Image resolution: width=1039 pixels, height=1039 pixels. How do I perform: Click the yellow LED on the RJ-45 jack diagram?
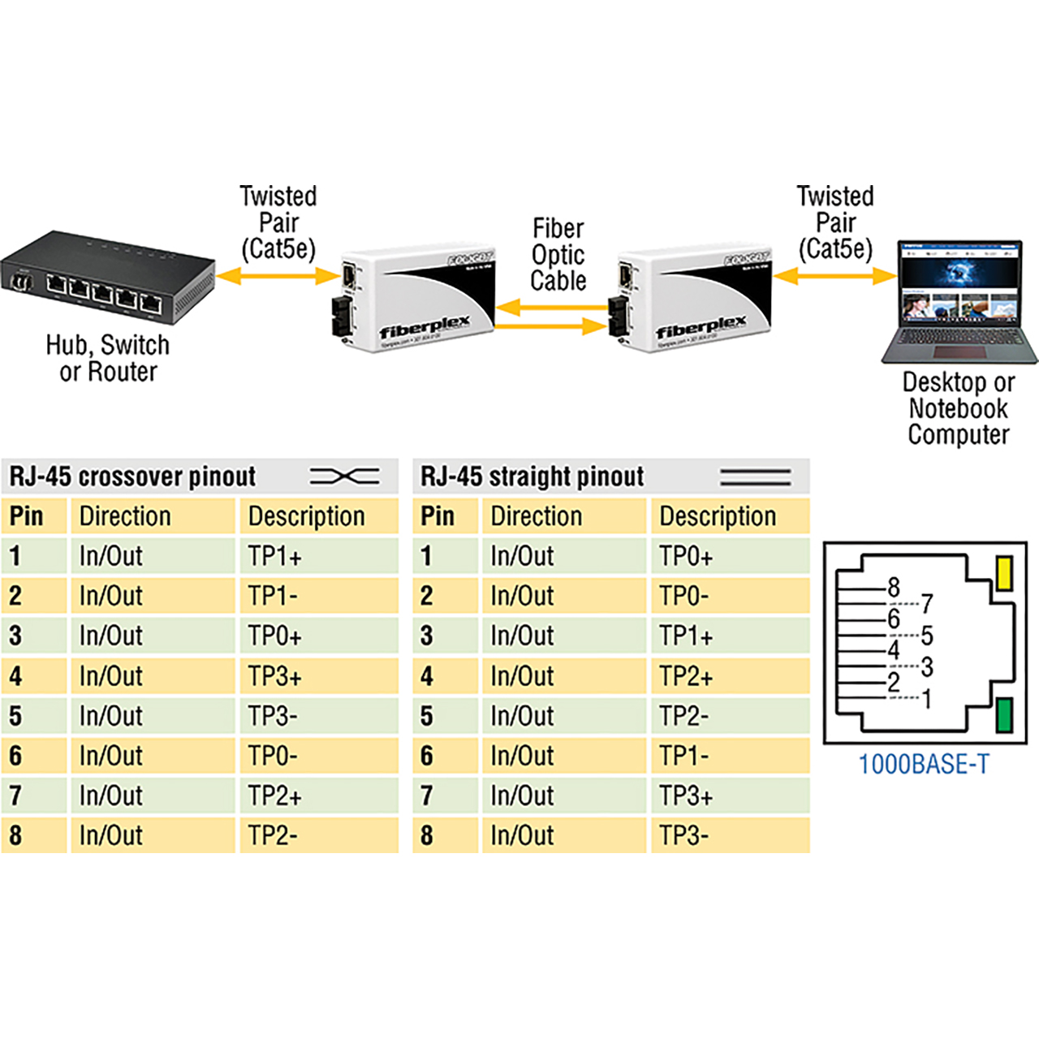tap(1004, 572)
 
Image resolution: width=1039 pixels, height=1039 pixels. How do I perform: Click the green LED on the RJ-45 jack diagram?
tap(1004, 715)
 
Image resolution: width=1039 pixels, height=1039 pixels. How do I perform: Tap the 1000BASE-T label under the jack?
tap(924, 765)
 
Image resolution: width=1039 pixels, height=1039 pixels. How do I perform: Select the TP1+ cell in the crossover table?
tap(274, 557)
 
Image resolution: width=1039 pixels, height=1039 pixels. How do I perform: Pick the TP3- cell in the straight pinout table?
tap(683, 835)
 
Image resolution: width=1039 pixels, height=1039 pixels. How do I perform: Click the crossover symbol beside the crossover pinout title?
tap(344, 476)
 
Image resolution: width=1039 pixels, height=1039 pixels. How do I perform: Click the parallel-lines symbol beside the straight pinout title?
tap(755, 476)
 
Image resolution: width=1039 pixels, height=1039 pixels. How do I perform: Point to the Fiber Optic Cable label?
tap(558, 254)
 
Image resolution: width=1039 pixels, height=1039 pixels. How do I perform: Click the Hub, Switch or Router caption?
tap(108, 358)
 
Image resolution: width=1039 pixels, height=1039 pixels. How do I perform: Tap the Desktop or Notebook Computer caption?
tap(958, 407)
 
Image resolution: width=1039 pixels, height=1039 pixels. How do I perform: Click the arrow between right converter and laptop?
tap(834, 277)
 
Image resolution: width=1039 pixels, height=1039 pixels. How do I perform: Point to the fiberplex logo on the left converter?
tap(425, 327)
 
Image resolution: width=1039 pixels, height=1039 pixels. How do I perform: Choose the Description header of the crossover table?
tap(306, 516)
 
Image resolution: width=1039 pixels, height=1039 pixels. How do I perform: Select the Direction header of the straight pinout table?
tap(536, 516)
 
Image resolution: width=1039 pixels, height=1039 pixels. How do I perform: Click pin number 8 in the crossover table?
tap(15, 835)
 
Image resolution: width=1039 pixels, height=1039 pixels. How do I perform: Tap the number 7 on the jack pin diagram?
tap(927, 603)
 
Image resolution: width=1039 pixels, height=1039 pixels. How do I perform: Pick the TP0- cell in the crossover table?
tap(273, 756)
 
